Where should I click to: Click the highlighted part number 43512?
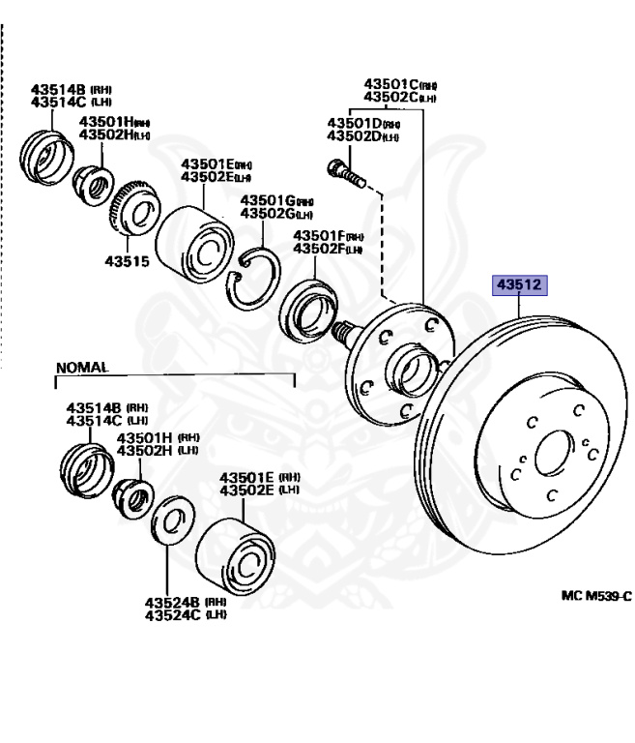click(519, 285)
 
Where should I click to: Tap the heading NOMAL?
click(83, 368)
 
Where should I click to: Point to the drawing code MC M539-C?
click(594, 596)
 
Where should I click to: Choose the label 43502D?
click(355, 137)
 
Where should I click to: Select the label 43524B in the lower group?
click(171, 601)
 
